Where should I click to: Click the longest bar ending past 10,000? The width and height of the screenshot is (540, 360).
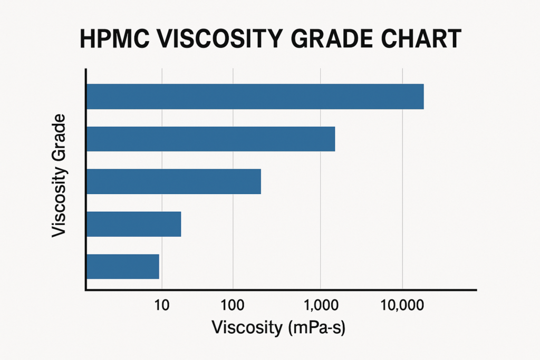tap(255, 96)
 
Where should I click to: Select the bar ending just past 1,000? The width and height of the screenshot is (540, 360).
tap(210, 139)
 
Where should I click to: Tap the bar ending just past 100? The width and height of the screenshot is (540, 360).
tap(173, 181)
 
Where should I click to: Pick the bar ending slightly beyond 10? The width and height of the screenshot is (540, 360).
tap(133, 224)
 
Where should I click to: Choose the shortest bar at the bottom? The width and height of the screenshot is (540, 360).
tap(122, 266)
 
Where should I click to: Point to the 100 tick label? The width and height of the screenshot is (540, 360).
tap(235, 305)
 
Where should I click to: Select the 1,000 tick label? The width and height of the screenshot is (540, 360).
tap(320, 305)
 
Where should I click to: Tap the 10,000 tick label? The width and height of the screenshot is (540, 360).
tap(402, 305)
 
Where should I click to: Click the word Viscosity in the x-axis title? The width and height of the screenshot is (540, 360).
tap(247, 327)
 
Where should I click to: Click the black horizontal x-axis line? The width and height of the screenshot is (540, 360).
tap(279, 290)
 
